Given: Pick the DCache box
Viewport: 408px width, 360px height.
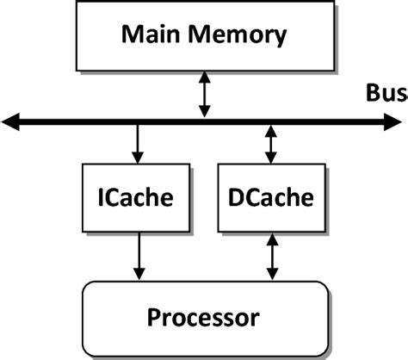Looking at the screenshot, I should [x=272, y=198].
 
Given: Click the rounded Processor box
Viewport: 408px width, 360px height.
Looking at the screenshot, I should [x=203, y=315].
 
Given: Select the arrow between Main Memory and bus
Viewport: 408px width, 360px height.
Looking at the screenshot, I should [x=204, y=95].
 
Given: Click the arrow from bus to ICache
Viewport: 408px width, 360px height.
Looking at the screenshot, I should [x=136, y=144].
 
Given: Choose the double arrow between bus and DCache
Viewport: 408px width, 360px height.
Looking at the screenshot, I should [x=272, y=144].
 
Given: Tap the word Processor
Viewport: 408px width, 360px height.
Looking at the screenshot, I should [x=203, y=317].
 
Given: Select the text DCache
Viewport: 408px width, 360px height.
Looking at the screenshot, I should [x=272, y=198].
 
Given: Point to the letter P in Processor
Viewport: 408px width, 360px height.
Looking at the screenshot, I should [x=155, y=316].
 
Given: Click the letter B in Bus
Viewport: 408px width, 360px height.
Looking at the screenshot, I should [x=374, y=92].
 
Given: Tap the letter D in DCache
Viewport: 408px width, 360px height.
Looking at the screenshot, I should [x=238, y=198].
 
